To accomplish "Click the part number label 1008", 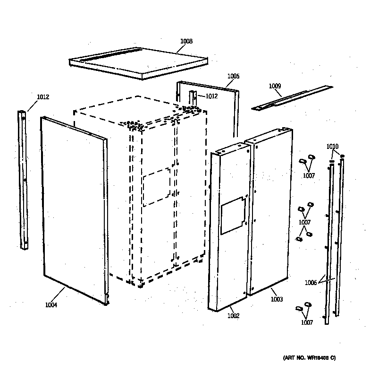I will tap(186, 42).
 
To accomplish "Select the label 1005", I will tap(233, 76).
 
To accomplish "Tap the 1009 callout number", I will tap(275, 86).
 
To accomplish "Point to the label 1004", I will tap(51, 305).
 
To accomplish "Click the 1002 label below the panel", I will tap(233, 316).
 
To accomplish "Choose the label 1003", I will tap(277, 299).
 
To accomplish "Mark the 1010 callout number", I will tap(332, 147).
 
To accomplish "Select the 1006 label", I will tap(311, 283).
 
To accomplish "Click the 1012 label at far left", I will tap(43, 97).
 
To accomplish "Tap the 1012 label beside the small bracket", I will tap(211, 96).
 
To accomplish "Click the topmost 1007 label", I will tap(309, 176).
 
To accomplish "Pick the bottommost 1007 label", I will tap(307, 322).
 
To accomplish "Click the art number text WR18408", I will tap(309, 358).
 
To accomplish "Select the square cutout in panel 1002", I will tap(233, 215).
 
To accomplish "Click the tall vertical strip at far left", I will tap(23, 180).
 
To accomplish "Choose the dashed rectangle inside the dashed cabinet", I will tap(156, 187).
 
